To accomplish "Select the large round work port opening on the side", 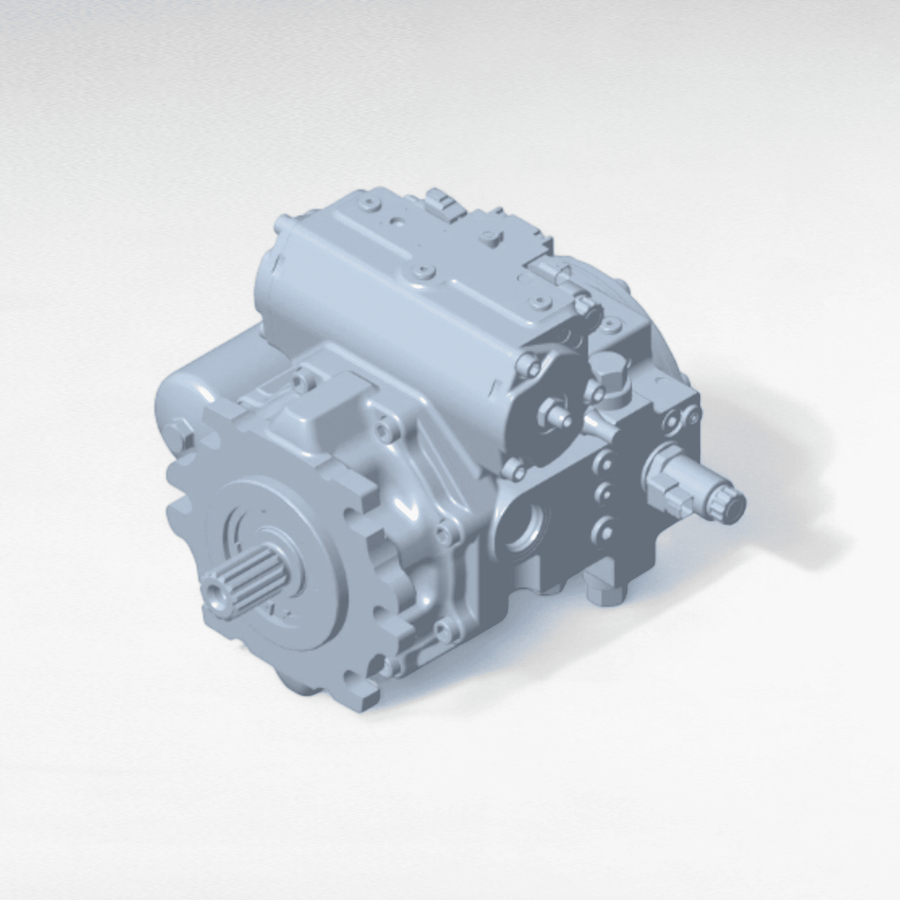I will pyautogui.click(x=527, y=524).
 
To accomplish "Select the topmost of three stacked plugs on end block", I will pyautogui.click(x=603, y=463).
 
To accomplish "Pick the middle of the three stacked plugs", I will pyautogui.click(x=601, y=495).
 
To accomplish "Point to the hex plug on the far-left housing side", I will pyautogui.click(x=177, y=435).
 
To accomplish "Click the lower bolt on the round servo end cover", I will pyautogui.click(x=513, y=468).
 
